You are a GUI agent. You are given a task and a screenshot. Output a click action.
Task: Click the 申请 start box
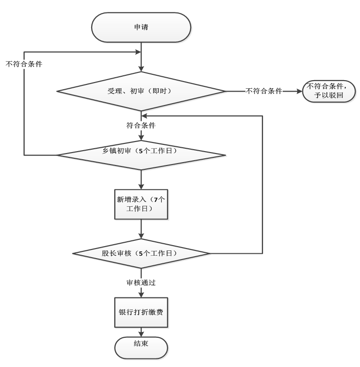(141, 27)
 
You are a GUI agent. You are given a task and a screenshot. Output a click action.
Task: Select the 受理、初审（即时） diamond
(141, 90)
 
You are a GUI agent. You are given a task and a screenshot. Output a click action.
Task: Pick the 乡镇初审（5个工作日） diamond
(141, 154)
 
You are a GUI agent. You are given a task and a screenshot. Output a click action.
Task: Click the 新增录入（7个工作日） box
(141, 205)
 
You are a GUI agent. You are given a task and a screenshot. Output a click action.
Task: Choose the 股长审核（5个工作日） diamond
(141, 253)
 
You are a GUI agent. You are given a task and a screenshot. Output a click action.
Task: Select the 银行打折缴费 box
(141, 312)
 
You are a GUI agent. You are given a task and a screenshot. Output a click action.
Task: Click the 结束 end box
(141, 346)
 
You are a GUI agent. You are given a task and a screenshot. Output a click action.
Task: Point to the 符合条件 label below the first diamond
(141, 126)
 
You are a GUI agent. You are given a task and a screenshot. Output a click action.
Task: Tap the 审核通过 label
(141, 283)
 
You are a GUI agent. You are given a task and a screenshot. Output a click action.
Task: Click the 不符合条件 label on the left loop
(24, 63)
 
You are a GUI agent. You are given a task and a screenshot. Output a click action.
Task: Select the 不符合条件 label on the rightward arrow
(264, 90)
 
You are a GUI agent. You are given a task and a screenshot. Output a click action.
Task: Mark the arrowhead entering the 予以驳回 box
(300, 90)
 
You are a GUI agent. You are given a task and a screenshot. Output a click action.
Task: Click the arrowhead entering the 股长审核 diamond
(141, 236)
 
